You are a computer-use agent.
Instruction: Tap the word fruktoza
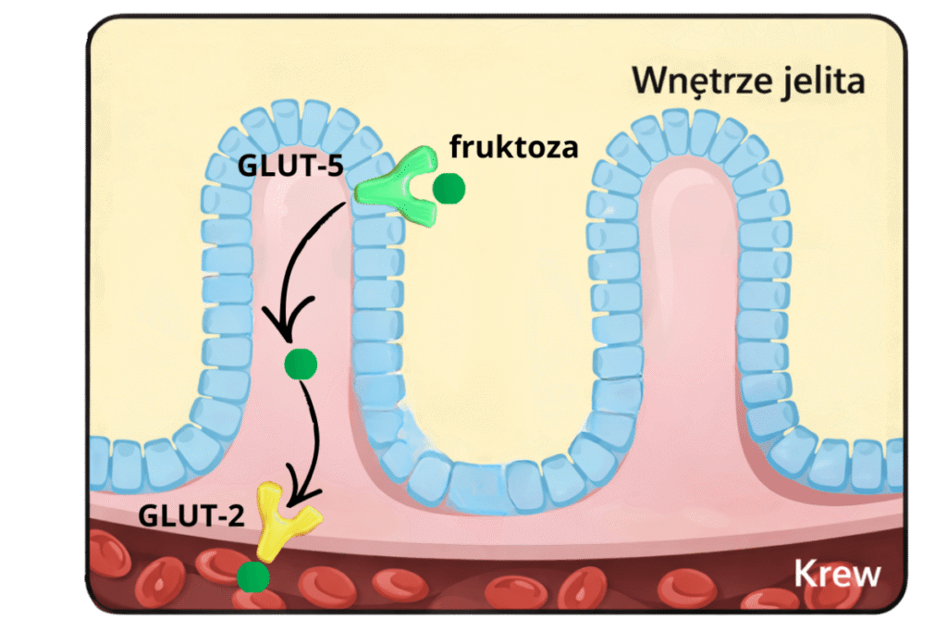513,146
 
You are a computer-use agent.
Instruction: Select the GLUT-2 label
191,514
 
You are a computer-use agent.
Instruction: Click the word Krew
837,575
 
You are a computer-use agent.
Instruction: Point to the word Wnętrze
700,81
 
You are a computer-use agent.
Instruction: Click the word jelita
821,81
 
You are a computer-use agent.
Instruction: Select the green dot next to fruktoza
449,188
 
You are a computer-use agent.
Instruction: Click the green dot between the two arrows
300,364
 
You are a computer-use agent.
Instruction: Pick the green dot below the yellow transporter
252,577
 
